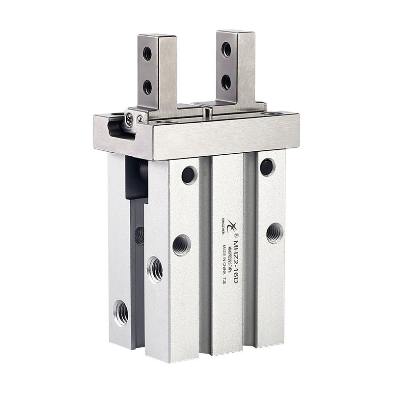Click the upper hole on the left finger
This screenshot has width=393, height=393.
(x=147, y=54)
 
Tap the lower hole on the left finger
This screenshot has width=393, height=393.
(x=147, y=87)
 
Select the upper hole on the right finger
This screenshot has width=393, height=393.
(x=226, y=49)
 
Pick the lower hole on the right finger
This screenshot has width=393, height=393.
(x=226, y=82)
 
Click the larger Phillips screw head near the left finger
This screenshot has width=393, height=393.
(x=129, y=118)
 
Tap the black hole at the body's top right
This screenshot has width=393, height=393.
(x=267, y=167)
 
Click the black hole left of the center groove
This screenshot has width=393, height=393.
(x=189, y=175)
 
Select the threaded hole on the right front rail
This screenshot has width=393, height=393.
(x=275, y=232)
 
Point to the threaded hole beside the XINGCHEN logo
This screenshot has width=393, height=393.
(x=181, y=245)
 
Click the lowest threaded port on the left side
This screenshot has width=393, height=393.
(x=121, y=312)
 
